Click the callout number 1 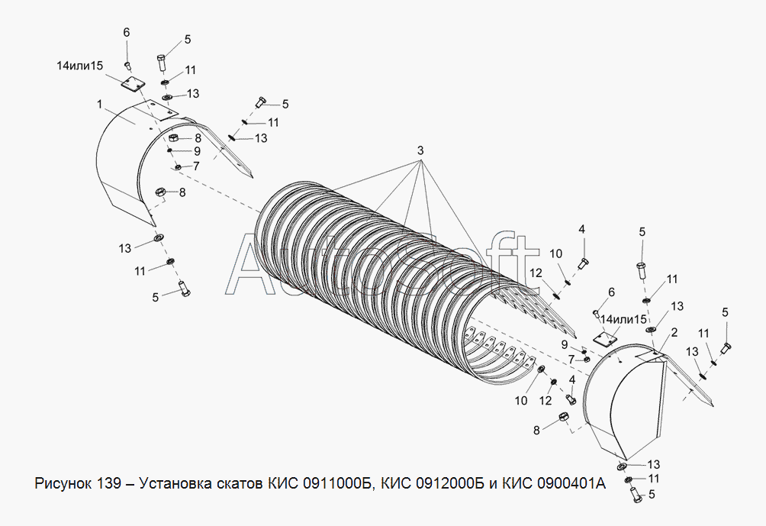[x=99, y=102]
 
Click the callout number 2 [x=674, y=332]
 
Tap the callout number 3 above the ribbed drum [x=420, y=150]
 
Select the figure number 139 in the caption [x=108, y=485]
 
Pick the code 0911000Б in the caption [x=335, y=485]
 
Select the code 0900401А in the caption [x=561, y=485]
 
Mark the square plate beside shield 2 [x=605, y=338]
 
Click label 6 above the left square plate [x=127, y=32]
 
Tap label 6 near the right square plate [x=610, y=292]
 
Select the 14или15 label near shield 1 [x=80, y=66]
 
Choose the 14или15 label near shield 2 [x=623, y=319]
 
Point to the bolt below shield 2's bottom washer [x=636, y=494]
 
